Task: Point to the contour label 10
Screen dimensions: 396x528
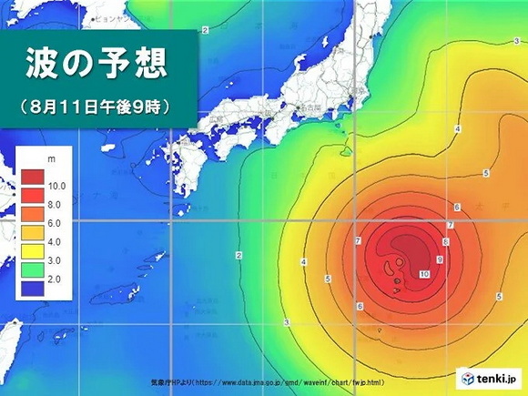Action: tap(423, 274)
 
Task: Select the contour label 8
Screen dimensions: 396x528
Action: tap(444, 241)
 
